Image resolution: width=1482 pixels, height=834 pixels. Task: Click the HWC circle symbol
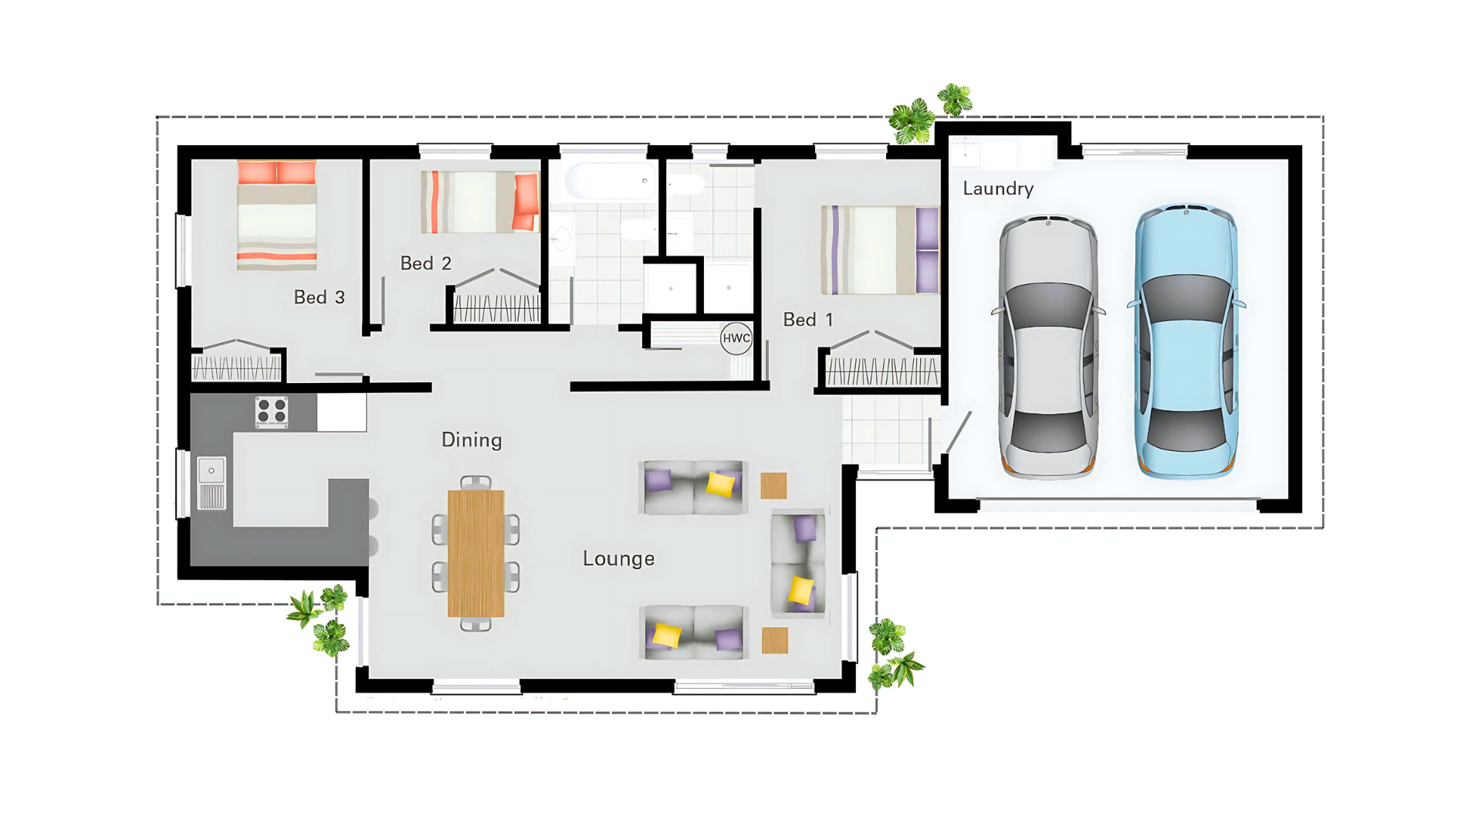[736, 338]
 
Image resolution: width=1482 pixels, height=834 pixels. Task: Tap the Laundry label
[998, 189]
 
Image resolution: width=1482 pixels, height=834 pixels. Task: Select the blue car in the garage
[1186, 341]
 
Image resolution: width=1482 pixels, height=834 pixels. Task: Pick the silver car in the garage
[1048, 347]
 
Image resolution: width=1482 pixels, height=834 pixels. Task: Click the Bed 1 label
[808, 320]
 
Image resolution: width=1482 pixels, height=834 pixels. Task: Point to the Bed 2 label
[425, 263]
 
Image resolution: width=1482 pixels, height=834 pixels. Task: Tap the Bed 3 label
[319, 297]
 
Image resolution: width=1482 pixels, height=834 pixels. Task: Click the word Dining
[472, 440]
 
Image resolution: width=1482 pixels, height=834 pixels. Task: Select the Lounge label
[618, 559]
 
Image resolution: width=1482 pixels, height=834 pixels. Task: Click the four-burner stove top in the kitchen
[272, 412]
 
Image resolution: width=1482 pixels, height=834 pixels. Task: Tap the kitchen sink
[211, 483]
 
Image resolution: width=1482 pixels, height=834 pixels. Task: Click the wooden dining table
[475, 553]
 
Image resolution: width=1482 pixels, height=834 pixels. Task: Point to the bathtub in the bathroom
[611, 181]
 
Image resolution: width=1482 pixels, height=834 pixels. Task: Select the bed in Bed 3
[276, 215]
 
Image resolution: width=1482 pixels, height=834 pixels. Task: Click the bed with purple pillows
[880, 250]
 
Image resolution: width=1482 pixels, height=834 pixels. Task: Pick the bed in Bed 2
[480, 202]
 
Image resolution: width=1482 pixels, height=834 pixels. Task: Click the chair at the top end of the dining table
[475, 483]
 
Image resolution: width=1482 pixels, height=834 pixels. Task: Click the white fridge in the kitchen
[341, 412]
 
